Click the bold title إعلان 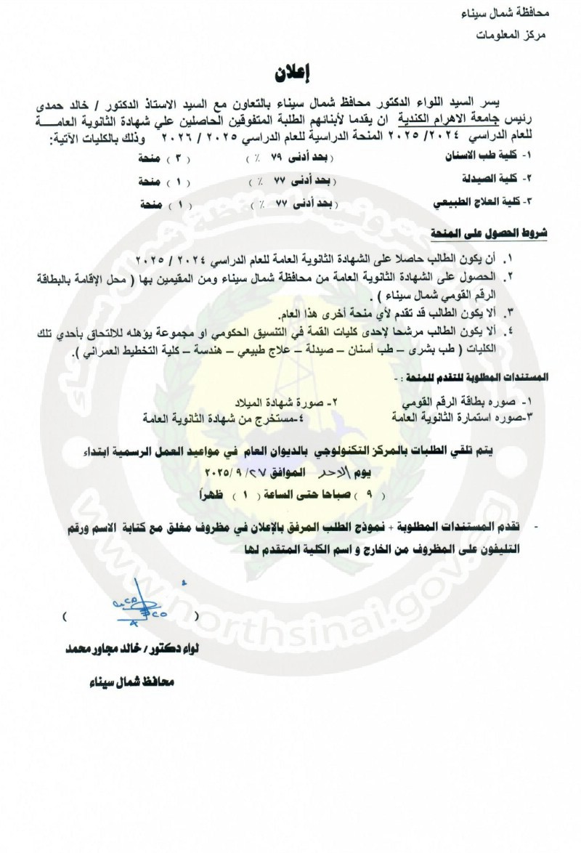(x=290, y=73)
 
